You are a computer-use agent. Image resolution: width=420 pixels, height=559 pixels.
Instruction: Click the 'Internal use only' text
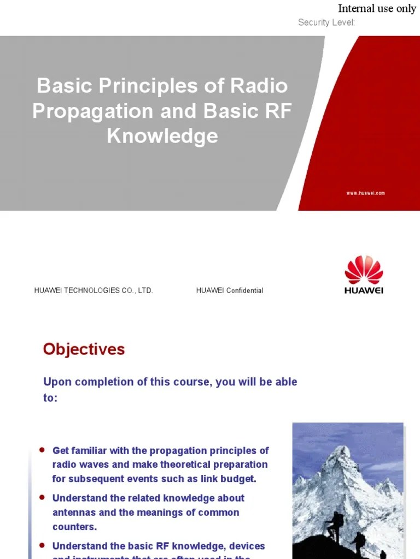pyautogui.click(x=377, y=9)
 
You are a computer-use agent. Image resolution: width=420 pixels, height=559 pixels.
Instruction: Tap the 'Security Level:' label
pyautogui.click(x=326, y=22)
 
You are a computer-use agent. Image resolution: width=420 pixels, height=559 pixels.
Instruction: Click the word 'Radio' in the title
pyautogui.click(x=259, y=86)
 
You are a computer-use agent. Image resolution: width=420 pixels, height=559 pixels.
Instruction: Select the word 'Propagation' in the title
pyautogui.click(x=92, y=111)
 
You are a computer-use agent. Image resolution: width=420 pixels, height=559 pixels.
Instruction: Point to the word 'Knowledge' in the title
pyautogui.click(x=162, y=136)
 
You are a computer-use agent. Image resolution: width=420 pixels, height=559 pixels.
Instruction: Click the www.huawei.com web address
pyautogui.click(x=365, y=193)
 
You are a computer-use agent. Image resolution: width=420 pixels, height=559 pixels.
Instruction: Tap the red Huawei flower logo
pyautogui.click(x=364, y=270)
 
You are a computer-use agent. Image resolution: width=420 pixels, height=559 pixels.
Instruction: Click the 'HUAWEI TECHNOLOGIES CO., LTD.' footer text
pyautogui.click(x=94, y=290)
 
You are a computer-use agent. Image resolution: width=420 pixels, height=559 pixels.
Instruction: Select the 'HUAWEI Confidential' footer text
pyautogui.click(x=230, y=290)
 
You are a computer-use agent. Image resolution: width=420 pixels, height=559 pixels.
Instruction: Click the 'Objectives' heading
pyautogui.click(x=84, y=349)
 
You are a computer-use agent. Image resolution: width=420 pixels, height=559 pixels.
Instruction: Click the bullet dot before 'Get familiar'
pyautogui.click(x=42, y=450)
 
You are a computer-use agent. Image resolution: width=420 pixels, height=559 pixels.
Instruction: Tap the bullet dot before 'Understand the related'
pyautogui.click(x=42, y=497)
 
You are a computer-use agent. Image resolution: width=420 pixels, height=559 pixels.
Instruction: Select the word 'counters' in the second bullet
pyautogui.click(x=73, y=527)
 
